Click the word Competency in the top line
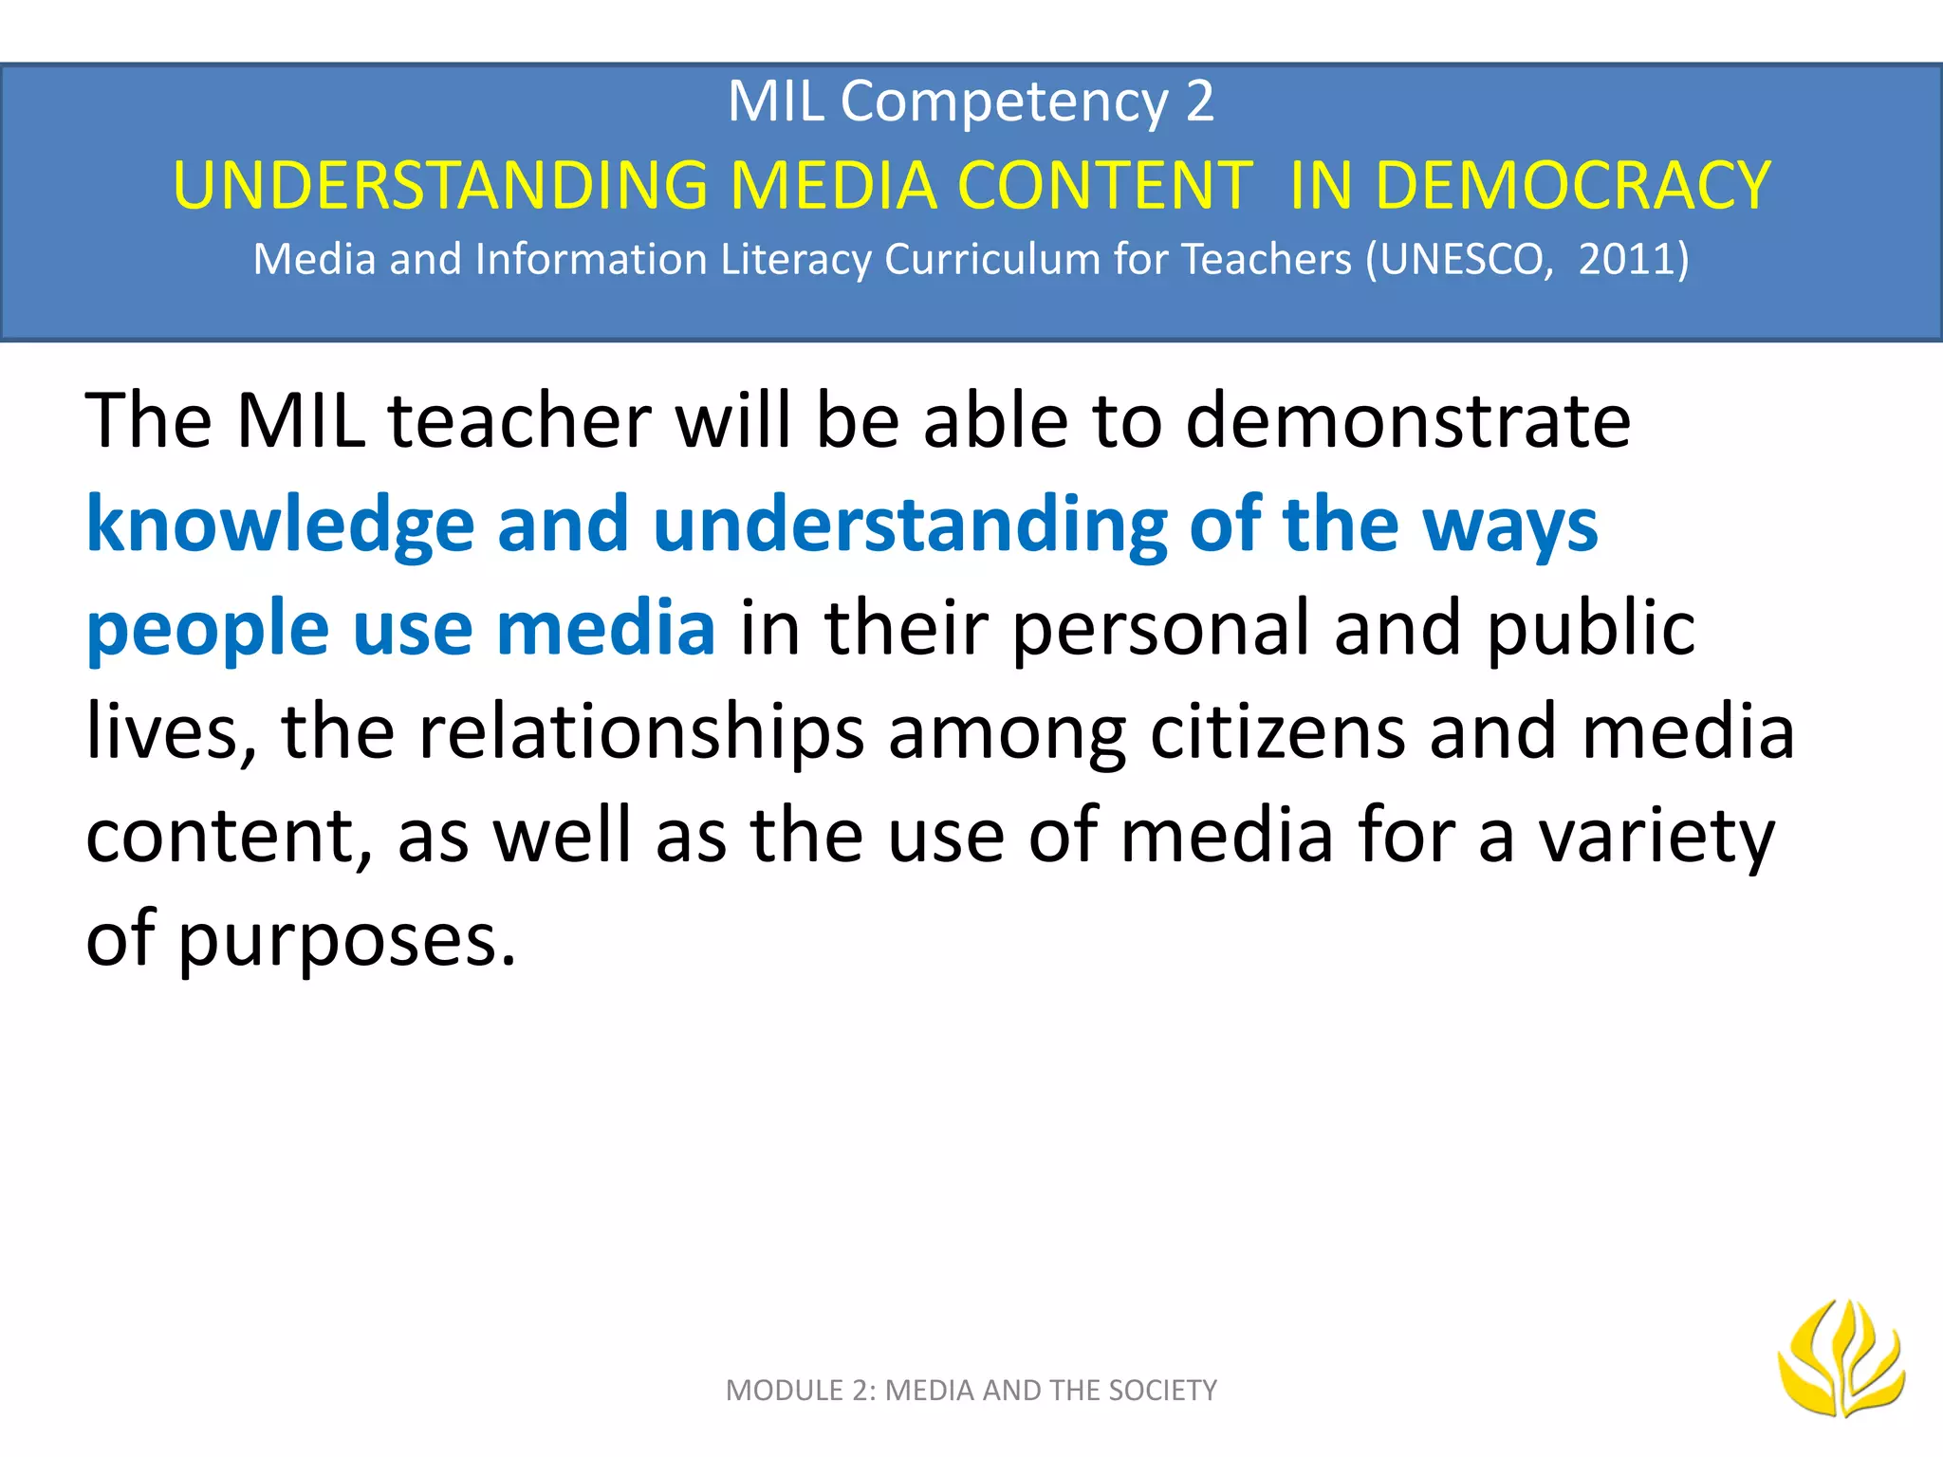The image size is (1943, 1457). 1004,101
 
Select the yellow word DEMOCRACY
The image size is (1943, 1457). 1573,185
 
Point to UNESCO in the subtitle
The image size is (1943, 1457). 1466,259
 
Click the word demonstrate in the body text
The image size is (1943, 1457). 1408,420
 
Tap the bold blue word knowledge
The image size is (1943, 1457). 280,525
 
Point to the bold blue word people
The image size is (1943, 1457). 207,629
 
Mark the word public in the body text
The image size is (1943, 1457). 1590,629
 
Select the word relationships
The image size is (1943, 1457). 641,731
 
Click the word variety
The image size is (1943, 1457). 1656,836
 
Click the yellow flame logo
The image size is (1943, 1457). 1841,1358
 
